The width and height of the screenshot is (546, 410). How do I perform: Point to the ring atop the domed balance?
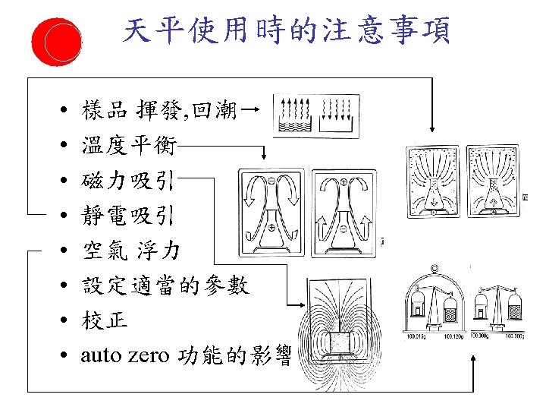tap(434, 267)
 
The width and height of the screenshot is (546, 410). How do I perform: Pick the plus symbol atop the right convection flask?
tap(344, 183)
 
